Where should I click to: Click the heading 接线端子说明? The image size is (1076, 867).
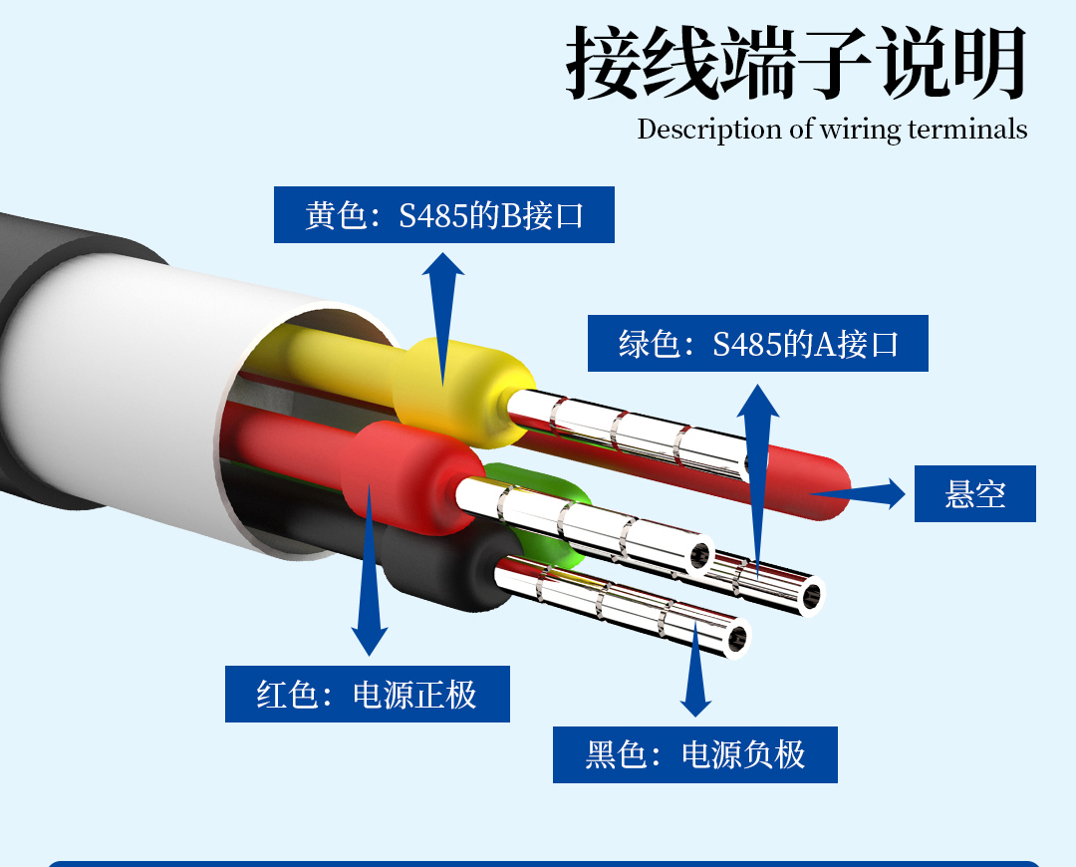pos(796,63)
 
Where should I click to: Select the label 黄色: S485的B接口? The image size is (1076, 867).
pos(443,214)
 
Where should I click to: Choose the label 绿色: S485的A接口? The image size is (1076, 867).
pos(757,344)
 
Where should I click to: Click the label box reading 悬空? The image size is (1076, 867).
pos(974,493)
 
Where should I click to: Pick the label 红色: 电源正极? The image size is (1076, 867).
pos(367,694)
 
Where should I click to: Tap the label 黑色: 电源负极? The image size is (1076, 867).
pos(694,754)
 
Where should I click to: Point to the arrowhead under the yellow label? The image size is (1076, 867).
pos(443,267)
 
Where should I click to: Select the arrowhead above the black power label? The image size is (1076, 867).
pos(695,702)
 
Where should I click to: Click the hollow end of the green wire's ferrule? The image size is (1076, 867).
pos(811,596)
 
